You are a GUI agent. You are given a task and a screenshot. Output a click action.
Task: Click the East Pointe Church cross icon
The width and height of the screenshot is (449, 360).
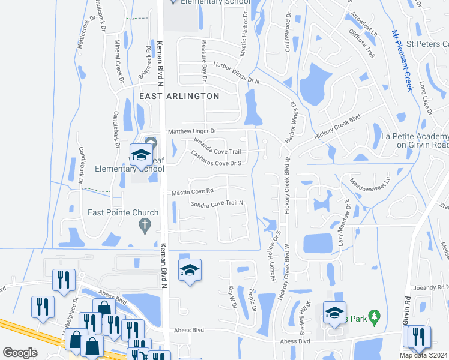tap(144, 226)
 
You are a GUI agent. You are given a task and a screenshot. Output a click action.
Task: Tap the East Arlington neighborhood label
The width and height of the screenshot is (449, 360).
tap(179, 96)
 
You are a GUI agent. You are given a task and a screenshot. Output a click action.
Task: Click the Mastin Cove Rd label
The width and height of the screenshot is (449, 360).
tap(192, 193)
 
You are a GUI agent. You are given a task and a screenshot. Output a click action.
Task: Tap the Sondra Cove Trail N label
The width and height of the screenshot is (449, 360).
tap(217, 203)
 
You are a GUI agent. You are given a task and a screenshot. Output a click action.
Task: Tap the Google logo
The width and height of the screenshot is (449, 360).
tap(20, 353)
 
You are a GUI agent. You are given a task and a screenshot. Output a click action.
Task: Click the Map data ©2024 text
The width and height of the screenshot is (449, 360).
tap(424, 355)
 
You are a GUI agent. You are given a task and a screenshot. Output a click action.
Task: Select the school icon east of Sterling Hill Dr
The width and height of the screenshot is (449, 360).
tap(335, 312)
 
